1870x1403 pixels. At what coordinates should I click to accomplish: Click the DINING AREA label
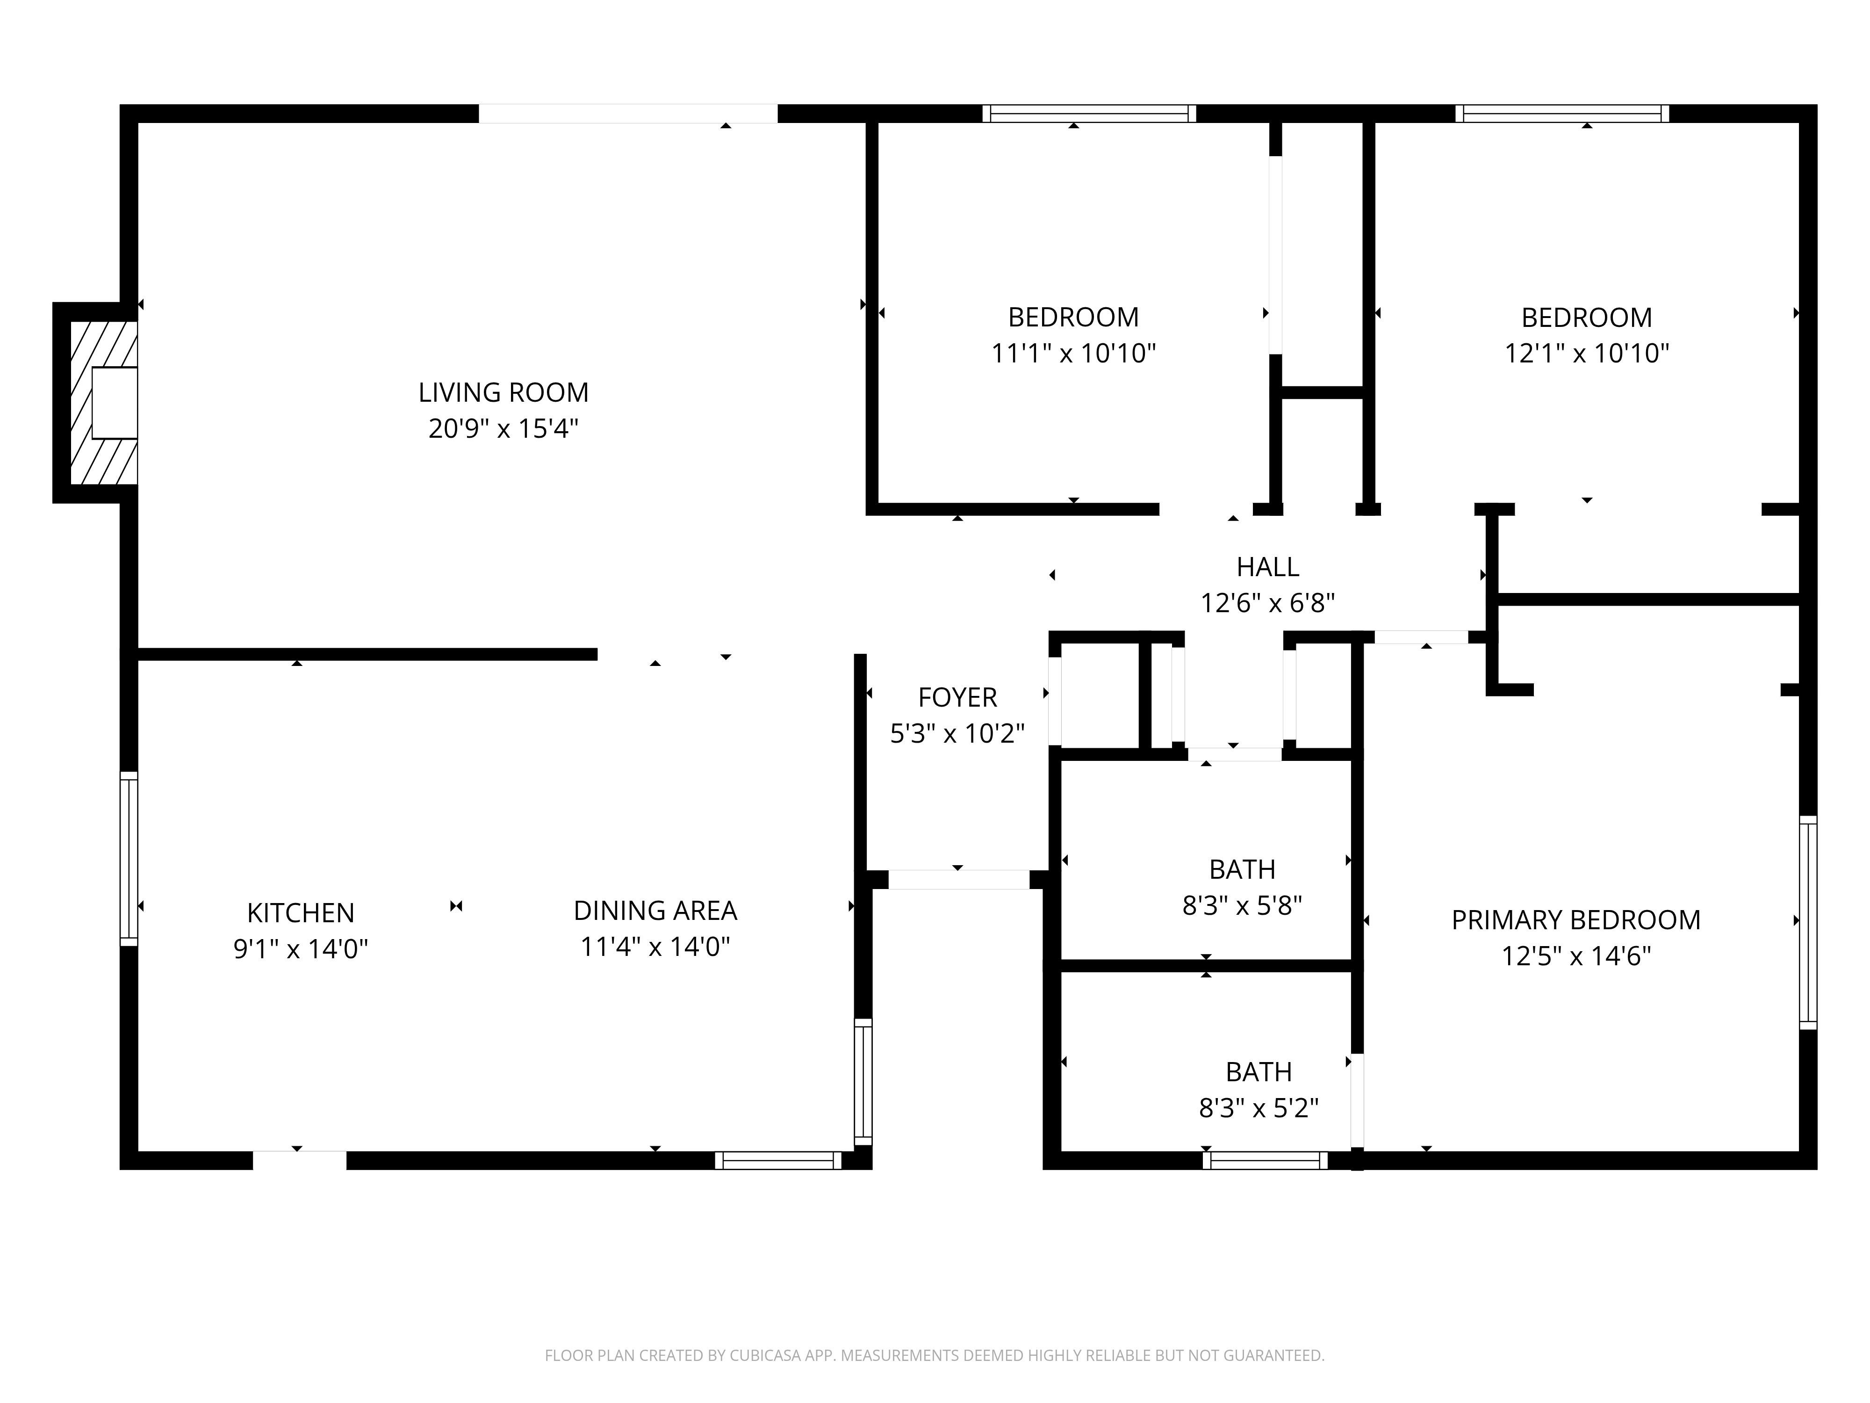pos(655,911)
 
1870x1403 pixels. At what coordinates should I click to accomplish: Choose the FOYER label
pos(958,698)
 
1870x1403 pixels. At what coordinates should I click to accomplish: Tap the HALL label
pos(1267,567)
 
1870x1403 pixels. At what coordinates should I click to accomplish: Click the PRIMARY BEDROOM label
pos(1576,920)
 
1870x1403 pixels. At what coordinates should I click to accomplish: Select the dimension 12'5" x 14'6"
pos(1576,955)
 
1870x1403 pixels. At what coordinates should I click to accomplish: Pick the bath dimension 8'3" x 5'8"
pos(1242,905)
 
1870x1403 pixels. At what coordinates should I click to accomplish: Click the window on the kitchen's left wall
pos(129,858)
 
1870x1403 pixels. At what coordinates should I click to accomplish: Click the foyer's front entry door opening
pos(959,880)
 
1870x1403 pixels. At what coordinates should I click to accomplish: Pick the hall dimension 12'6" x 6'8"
pos(1267,603)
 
